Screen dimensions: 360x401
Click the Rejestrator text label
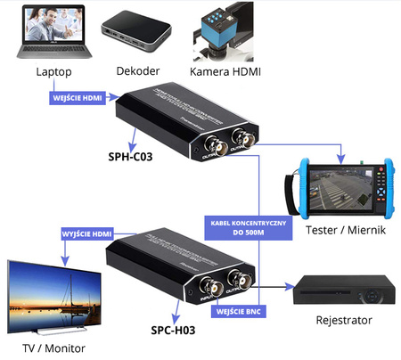(x=343, y=320)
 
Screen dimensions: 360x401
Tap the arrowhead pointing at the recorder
(x=289, y=287)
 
